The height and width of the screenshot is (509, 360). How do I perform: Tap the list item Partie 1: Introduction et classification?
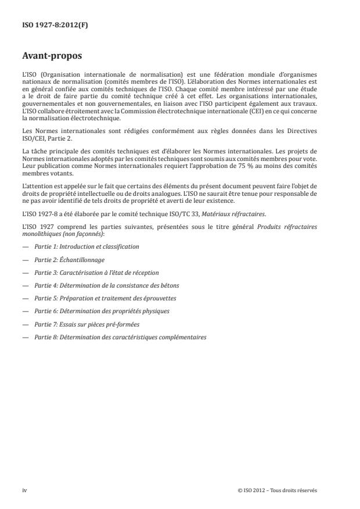87,246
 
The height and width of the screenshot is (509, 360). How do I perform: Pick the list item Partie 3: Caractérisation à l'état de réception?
96,272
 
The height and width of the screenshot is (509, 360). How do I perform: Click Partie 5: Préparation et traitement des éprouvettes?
105,298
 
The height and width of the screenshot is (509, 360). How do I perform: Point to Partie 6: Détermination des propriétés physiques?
102,311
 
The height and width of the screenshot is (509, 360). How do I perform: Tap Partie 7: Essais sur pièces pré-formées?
87,324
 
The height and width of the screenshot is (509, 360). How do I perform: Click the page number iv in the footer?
25,490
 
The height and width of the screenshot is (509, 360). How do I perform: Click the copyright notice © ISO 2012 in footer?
278,490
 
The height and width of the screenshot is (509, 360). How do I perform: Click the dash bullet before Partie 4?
25,285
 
